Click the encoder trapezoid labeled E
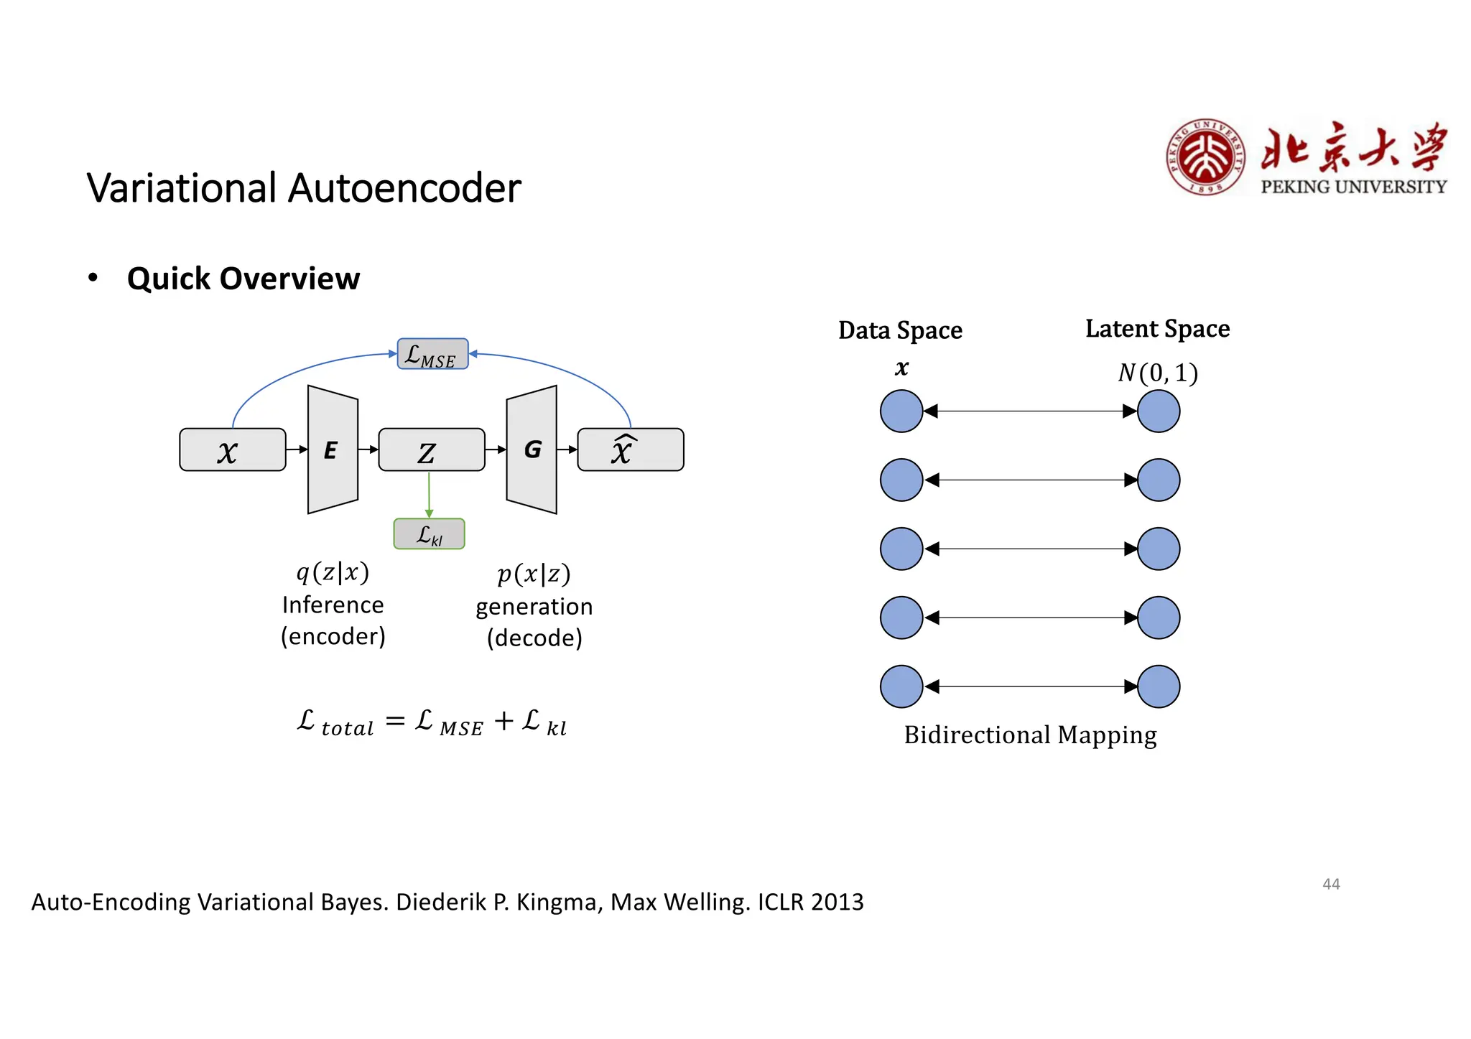tap(333, 450)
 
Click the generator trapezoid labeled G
tap(532, 450)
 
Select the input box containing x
tap(232, 450)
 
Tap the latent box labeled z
tap(431, 450)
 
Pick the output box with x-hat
tap(630, 450)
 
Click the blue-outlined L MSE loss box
tap(432, 354)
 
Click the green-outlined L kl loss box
tap(429, 534)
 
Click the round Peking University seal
tap(1205, 157)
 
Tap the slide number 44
tap(1331, 884)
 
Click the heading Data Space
tap(900, 330)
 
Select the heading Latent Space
tap(1157, 329)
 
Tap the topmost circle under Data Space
tap(901, 411)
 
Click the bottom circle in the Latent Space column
tap(1159, 686)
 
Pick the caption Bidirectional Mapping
tap(1030, 735)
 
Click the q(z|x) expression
tap(333, 572)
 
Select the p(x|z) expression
tap(534, 574)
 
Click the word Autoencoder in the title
tap(404, 189)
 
